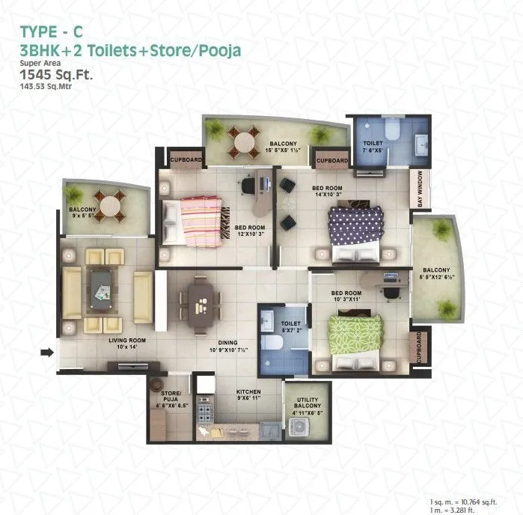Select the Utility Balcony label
tap(308, 405)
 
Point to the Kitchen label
tap(248, 391)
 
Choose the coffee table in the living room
tap(103, 288)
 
